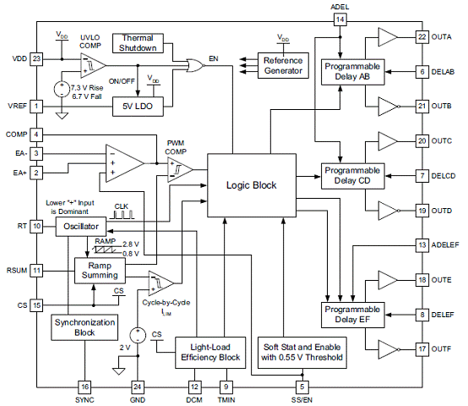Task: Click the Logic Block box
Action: (x=252, y=185)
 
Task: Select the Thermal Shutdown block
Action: (x=138, y=43)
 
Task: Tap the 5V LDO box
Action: (x=138, y=107)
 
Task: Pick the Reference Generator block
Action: (x=283, y=66)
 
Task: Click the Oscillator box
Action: (x=81, y=227)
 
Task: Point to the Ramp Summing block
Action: (x=100, y=271)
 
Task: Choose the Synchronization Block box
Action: (x=84, y=327)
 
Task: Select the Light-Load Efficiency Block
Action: (x=210, y=353)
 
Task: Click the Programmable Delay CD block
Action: (x=352, y=176)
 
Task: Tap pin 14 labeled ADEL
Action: (x=340, y=19)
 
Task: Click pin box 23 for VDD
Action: (x=36, y=58)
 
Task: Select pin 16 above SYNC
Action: (x=84, y=387)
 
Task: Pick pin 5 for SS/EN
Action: (x=302, y=387)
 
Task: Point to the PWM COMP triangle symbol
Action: (x=178, y=170)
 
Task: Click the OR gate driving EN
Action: (x=195, y=65)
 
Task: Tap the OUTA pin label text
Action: (x=442, y=37)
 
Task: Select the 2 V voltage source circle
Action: (x=138, y=335)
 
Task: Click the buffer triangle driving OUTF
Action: (x=388, y=349)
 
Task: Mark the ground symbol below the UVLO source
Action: (x=62, y=116)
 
